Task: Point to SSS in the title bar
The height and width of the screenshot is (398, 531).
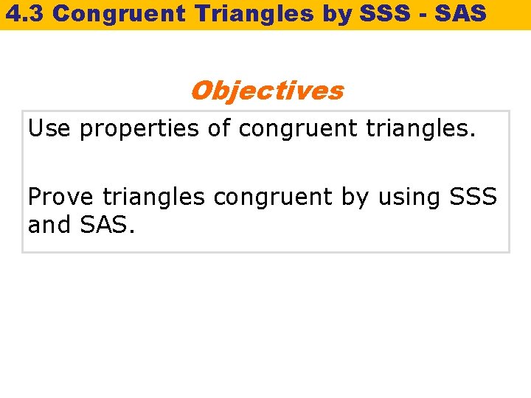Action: [x=367, y=13]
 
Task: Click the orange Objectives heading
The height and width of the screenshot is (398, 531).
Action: [x=266, y=91]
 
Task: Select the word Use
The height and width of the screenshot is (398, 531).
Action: [x=49, y=129]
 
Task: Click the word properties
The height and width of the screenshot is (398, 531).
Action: [x=139, y=130]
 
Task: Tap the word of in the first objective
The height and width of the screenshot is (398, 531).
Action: [x=219, y=129]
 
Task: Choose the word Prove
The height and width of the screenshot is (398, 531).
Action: [x=61, y=197]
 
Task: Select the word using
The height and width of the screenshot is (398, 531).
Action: [x=409, y=198]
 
